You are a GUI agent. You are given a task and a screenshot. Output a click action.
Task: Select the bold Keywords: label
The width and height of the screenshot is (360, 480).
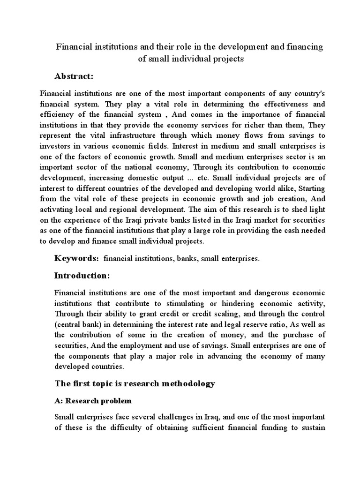[77, 258]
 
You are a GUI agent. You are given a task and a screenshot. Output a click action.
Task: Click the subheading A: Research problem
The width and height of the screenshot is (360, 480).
[93, 401]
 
